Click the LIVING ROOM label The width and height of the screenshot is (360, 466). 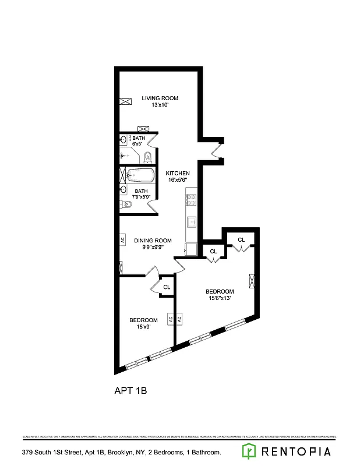(160, 98)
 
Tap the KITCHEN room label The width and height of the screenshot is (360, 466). (178, 174)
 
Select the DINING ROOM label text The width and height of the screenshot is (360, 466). (153, 241)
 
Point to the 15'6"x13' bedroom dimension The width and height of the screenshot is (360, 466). (220, 299)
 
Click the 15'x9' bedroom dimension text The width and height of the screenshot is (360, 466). (143, 327)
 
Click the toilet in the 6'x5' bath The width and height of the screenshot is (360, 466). (148, 156)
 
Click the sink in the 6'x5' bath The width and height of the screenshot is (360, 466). (123, 139)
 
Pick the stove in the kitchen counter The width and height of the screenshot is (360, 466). (190, 200)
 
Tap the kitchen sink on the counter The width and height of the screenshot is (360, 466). (190, 222)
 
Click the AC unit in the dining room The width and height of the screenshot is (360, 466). (122, 239)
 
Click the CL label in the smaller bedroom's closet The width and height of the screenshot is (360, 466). (167, 287)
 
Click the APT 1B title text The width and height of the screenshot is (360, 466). (130, 391)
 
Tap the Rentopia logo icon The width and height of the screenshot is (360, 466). (249, 451)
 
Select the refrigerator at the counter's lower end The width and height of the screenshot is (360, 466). (190, 249)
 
